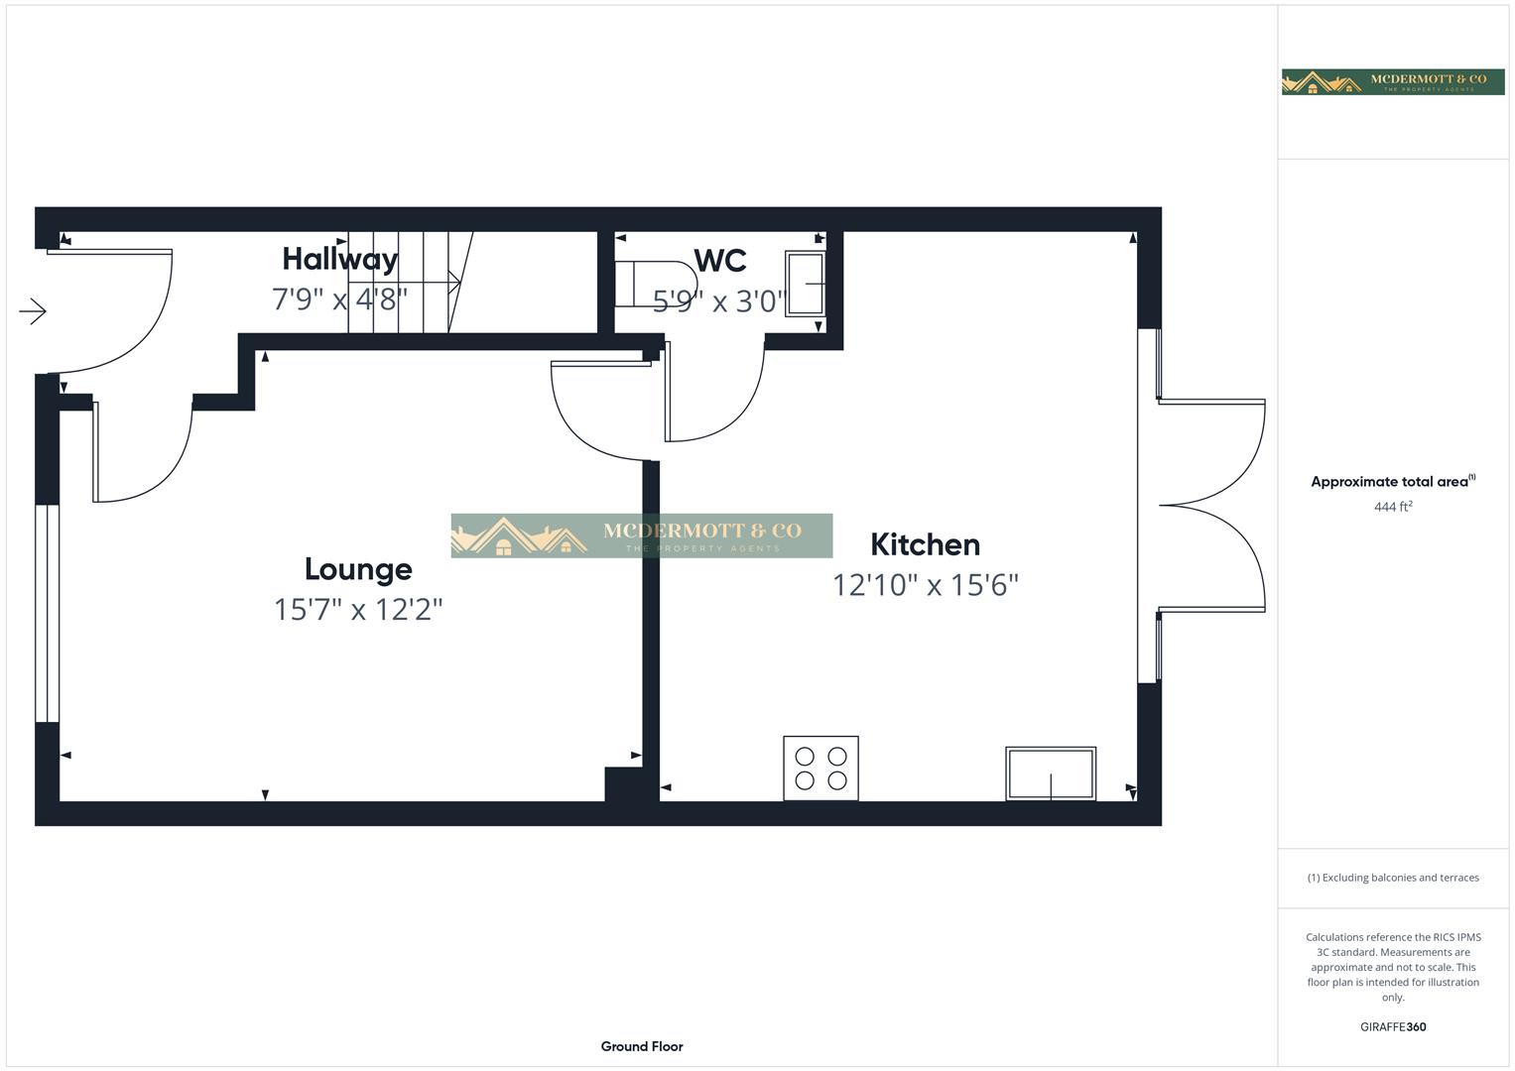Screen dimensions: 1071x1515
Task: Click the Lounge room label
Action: click(358, 569)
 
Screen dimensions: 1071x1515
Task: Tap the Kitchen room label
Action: click(925, 544)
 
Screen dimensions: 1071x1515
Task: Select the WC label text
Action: click(719, 261)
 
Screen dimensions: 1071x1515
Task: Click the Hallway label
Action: click(339, 259)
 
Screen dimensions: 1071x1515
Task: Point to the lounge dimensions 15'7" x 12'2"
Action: click(358, 609)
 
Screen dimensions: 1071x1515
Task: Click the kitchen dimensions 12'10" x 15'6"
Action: click(925, 585)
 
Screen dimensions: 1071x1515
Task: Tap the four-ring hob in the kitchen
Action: click(821, 768)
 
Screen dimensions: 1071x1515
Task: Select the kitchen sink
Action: click(1051, 773)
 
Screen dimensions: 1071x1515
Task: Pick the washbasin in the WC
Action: click(805, 285)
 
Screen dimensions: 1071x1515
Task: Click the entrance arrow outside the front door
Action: click(33, 312)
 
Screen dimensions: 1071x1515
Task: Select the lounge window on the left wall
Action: click(47, 614)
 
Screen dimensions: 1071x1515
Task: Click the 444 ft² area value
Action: click(1392, 507)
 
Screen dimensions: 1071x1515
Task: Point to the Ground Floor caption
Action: click(642, 1046)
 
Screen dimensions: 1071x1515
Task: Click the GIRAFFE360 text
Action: click(1392, 1026)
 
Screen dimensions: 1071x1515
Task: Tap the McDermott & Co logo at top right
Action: click(1392, 81)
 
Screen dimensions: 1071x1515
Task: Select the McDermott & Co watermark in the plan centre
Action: click(642, 535)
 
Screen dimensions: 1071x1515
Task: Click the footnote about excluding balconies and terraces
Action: click(1392, 878)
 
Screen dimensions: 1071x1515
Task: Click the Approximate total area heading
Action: click(1391, 482)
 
